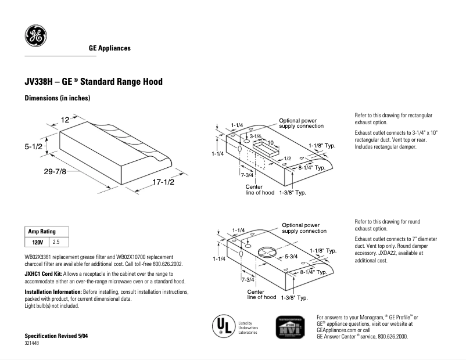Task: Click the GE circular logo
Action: [35, 37]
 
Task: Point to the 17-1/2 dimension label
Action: [163, 182]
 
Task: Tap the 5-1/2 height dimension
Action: [34, 147]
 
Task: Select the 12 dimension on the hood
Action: [65, 120]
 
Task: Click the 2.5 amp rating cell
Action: [56, 241]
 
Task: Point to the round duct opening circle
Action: [267, 253]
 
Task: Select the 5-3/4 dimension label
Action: [291, 256]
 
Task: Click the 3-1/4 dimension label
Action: [256, 136]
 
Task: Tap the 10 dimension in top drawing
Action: [270, 142]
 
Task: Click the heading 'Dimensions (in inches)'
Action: [57, 98]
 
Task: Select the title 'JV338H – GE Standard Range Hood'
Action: [93, 82]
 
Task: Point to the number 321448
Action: [32, 344]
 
